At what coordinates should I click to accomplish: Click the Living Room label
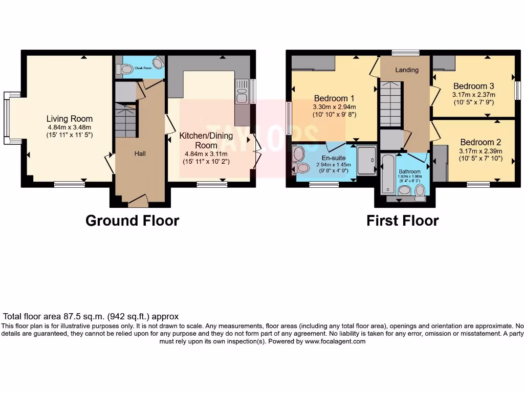click(x=70, y=119)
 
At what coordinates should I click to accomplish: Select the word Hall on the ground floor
click(x=140, y=154)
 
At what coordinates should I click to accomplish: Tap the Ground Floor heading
click(x=132, y=221)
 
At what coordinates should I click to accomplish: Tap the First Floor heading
click(x=402, y=221)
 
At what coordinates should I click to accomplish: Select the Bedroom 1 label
click(x=334, y=98)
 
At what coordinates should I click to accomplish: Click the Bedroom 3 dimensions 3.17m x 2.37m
click(x=473, y=95)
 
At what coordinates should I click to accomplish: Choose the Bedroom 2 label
click(x=481, y=142)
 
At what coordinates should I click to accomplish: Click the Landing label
click(x=407, y=70)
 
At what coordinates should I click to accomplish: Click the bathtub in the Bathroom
click(x=387, y=173)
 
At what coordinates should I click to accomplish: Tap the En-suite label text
click(x=333, y=158)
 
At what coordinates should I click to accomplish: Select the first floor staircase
click(x=390, y=105)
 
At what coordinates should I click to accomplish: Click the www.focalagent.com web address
click(x=335, y=341)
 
